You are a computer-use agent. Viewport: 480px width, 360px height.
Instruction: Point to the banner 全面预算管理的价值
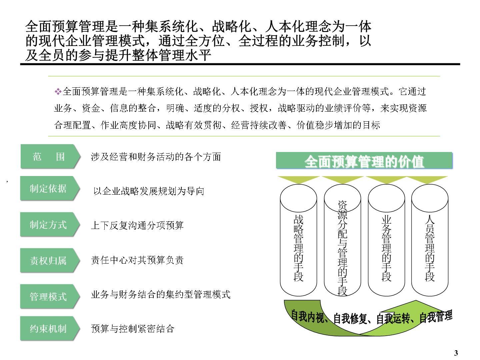364,160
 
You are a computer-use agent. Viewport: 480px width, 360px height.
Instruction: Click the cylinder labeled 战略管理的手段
298,240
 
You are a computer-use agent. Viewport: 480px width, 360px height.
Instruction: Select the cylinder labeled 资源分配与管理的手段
342,240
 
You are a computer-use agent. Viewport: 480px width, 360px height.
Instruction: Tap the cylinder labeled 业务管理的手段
386,240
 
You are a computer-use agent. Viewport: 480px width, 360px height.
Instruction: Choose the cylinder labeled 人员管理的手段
430,240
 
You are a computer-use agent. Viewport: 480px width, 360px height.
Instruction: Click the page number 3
456,353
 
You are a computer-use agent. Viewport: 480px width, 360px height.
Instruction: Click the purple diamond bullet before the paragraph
58,91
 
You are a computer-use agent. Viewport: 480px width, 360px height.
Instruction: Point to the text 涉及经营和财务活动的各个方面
156,157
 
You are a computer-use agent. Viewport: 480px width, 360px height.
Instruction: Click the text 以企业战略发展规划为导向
149,191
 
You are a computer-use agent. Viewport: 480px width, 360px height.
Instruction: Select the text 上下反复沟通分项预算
137,225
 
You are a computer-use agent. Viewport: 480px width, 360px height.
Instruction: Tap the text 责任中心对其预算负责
137,260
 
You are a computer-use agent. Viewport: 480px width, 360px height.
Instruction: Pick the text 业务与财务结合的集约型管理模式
161,294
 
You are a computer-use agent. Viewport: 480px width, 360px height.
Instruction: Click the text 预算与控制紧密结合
133,329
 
